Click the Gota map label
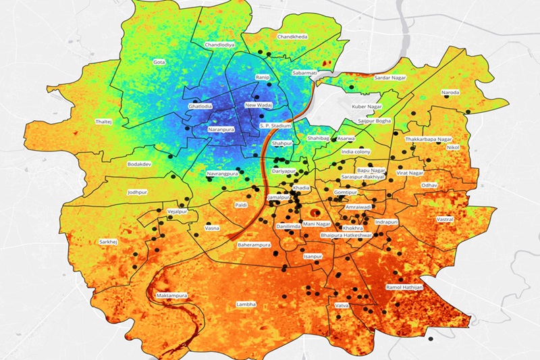(159, 62)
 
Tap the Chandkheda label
(292, 36)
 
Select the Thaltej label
(103, 122)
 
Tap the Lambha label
(246, 305)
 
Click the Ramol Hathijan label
(404, 288)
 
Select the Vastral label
(445, 220)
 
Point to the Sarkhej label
(108, 241)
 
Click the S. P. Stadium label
(275, 126)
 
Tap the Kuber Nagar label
(367, 107)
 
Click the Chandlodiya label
(219, 45)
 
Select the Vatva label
(342, 307)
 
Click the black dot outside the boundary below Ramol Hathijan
(431, 337)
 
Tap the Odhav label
(430, 185)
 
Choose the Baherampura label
(254, 245)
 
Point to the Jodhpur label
(137, 192)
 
